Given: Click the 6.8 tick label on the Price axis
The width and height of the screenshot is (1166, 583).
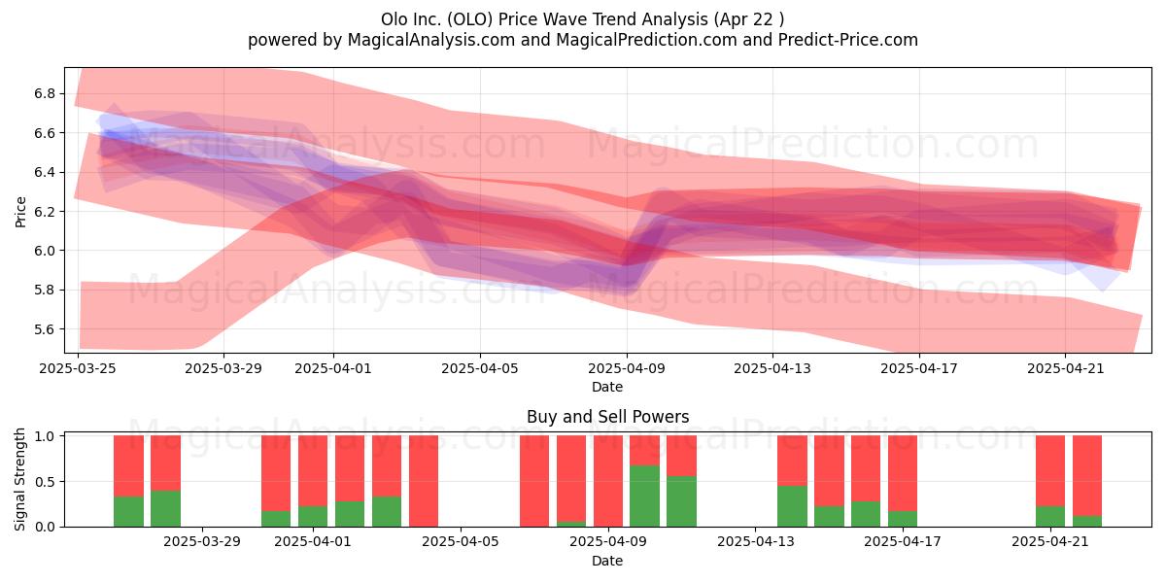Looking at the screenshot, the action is click(x=45, y=93).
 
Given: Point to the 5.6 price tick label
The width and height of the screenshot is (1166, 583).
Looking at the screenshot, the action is click(x=45, y=329).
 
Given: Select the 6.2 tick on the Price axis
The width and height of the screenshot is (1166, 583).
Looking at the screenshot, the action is click(x=45, y=212).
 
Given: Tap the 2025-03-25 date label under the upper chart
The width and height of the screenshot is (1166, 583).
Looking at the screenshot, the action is click(x=78, y=368).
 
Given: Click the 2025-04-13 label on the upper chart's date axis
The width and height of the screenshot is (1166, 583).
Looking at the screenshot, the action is click(x=772, y=368).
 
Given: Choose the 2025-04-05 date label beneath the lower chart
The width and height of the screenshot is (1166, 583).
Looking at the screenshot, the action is click(x=461, y=542).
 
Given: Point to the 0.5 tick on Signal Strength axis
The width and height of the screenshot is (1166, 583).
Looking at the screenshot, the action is click(x=45, y=482).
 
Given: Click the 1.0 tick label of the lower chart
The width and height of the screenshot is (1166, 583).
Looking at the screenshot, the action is click(x=45, y=436).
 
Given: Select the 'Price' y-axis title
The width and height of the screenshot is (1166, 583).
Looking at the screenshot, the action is click(x=20, y=212).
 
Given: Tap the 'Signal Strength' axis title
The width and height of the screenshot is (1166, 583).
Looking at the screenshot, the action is click(x=19, y=479).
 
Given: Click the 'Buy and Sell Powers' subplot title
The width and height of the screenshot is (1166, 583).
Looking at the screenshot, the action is click(x=607, y=417).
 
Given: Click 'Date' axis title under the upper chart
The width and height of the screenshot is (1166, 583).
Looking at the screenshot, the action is click(x=607, y=387).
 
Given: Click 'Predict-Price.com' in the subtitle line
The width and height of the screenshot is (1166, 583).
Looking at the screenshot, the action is click(x=848, y=40).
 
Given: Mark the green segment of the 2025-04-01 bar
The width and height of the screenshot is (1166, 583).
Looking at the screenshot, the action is click(x=313, y=516).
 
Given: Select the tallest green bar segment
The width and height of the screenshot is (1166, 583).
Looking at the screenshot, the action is click(x=644, y=497).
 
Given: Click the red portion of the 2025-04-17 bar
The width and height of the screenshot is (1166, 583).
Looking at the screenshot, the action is click(x=903, y=473).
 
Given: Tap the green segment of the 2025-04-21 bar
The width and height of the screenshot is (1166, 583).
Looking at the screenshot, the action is click(x=1050, y=516).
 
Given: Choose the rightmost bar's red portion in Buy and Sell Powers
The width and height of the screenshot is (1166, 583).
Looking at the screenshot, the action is click(x=1087, y=476).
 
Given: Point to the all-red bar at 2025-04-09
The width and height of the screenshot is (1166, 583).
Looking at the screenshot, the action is click(x=608, y=481).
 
